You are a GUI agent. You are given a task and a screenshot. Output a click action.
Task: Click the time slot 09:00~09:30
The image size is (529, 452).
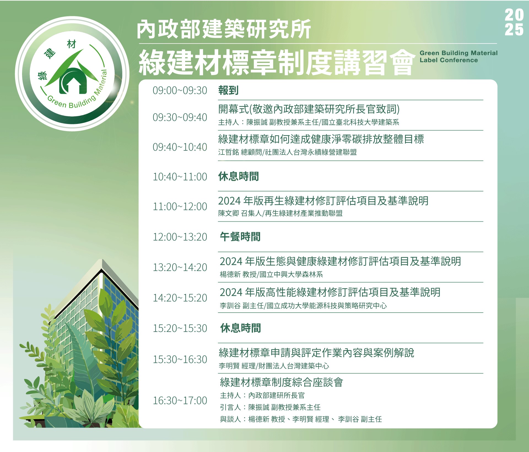click(x=180, y=90)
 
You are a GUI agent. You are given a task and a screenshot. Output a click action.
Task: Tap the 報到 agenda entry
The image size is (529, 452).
click(x=228, y=90)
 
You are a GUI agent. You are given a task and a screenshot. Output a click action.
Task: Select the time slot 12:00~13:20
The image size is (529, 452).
click(x=180, y=237)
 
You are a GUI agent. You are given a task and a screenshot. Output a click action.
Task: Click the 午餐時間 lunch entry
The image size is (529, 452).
click(x=240, y=237)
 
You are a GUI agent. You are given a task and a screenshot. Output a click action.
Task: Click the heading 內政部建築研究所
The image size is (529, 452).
click(x=224, y=29)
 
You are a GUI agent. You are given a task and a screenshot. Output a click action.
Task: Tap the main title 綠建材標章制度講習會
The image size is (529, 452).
click(x=277, y=63)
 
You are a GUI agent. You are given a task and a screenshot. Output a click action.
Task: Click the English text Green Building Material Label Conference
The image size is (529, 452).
click(x=458, y=56)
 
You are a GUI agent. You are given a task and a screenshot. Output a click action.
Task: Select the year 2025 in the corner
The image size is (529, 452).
click(x=514, y=22)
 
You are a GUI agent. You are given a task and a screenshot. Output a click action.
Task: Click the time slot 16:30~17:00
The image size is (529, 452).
click(x=180, y=400)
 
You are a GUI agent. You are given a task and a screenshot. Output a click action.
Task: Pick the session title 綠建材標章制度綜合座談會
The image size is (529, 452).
click(x=281, y=382)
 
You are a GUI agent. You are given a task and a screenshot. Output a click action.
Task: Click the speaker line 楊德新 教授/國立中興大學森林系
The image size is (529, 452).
click(x=271, y=274)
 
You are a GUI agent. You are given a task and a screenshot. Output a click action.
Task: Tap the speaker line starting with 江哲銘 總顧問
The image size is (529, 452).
click(x=287, y=152)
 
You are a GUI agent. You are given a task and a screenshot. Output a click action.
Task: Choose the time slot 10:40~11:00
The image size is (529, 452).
click(x=180, y=177)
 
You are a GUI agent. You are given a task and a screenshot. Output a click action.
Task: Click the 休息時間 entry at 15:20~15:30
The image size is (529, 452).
click(x=240, y=328)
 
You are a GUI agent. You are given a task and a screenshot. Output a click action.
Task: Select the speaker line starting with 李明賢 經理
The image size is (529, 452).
click(x=274, y=366)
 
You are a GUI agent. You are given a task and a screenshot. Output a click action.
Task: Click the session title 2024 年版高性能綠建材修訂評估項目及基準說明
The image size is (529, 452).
click(x=330, y=292)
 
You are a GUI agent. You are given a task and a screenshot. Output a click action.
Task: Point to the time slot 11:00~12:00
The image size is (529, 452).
click(x=180, y=207)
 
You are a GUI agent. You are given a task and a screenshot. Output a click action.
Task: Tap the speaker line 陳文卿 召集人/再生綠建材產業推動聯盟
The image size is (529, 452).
click(x=280, y=213)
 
